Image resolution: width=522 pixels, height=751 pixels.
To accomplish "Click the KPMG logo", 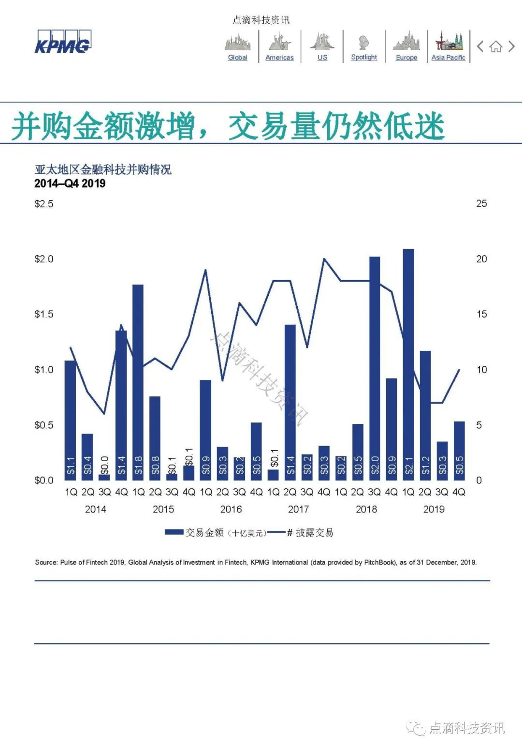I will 62,43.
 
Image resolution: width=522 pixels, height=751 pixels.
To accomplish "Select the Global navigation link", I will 237,57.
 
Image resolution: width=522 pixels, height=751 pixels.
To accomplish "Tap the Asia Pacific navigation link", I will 448,57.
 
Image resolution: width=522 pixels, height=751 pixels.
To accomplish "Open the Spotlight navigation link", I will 364,57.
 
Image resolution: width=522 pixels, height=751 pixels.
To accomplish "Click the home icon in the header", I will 495,47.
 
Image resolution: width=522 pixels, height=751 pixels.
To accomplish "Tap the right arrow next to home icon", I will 511,46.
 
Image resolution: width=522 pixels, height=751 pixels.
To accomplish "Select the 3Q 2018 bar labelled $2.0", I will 375,368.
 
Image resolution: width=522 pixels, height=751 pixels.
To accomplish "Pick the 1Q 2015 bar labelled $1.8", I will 138,382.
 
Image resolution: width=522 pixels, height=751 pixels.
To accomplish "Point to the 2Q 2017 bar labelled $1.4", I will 290,402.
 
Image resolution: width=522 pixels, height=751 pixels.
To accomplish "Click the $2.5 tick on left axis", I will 44,204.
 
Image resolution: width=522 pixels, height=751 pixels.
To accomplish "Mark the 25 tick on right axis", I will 481,204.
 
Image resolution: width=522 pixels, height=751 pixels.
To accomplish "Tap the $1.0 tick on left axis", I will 44,370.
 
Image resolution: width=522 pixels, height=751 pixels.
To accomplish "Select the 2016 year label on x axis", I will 231,509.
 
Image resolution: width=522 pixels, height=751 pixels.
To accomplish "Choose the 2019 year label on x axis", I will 434,509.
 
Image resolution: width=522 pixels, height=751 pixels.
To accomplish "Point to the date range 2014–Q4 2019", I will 70,183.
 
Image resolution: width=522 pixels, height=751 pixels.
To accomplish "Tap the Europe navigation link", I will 406,57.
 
